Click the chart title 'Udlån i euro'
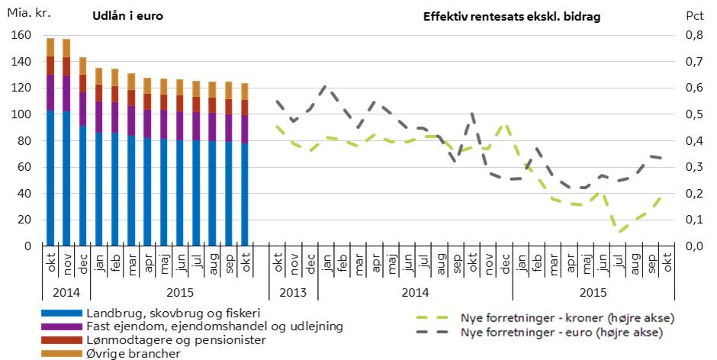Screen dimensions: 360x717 pyautogui.click(x=127, y=16)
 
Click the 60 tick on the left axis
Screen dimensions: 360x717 pyautogui.click(x=24, y=167)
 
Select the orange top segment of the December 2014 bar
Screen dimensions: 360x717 pyautogui.click(x=83, y=66)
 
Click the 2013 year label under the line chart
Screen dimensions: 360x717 pyautogui.click(x=293, y=292)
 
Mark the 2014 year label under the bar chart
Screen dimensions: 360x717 pyautogui.click(x=66, y=292)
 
